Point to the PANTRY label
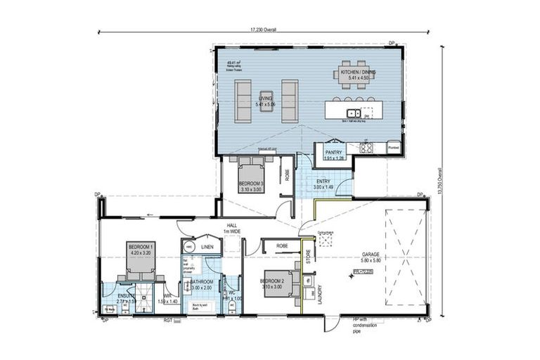click(333, 151)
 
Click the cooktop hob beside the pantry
click(366, 148)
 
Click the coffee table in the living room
click(265, 98)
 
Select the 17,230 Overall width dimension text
click(264, 30)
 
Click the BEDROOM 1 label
click(141, 247)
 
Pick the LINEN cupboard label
click(207, 247)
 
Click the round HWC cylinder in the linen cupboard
click(188, 247)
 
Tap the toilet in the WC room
click(214, 295)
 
